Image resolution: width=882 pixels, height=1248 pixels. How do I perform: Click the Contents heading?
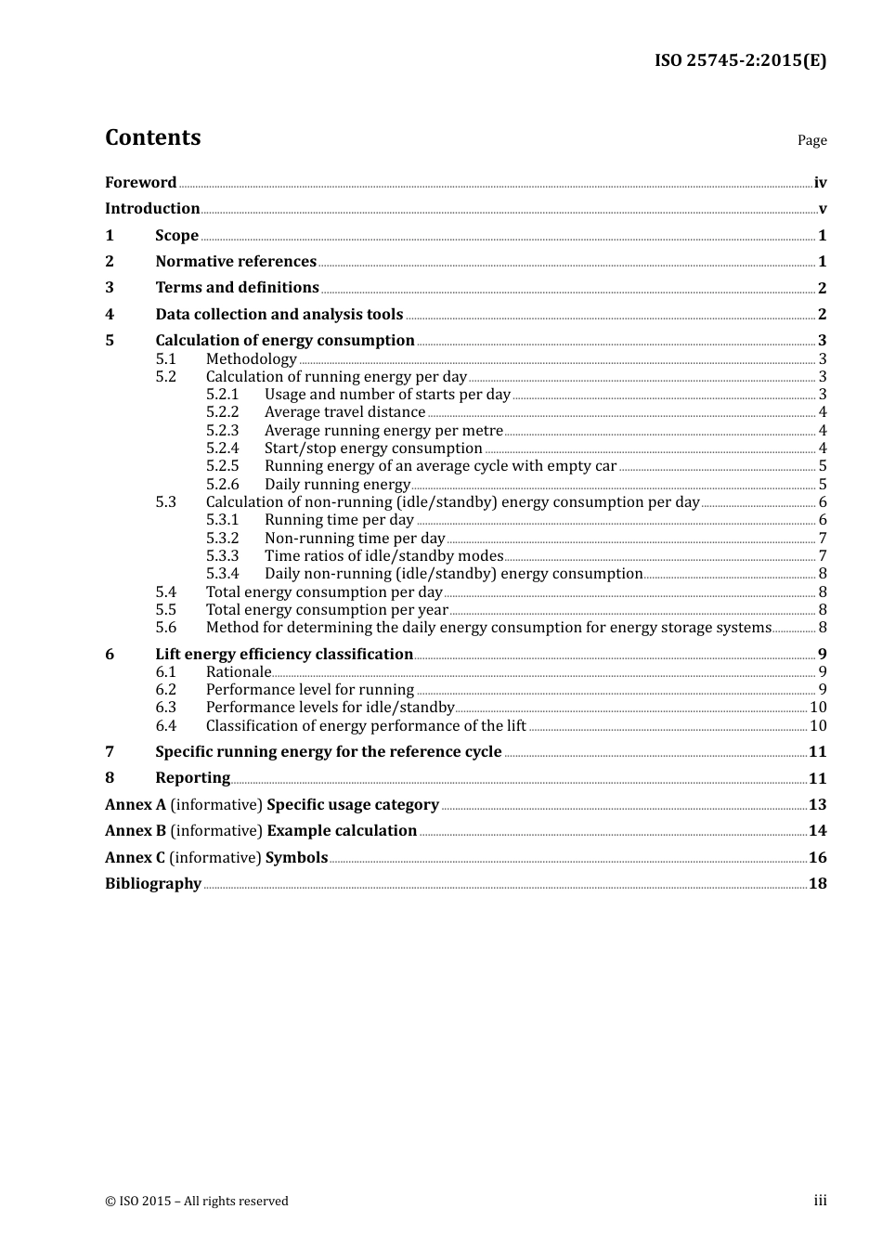pyautogui.click(x=152, y=137)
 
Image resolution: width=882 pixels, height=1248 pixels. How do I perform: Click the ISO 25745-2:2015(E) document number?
pyautogui.click(x=740, y=61)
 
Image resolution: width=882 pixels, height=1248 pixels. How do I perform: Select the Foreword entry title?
pyautogui.click(x=140, y=183)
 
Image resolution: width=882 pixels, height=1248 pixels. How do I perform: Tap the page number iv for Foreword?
pyautogui.click(x=820, y=183)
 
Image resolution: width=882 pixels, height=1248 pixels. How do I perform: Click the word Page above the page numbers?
pyautogui.click(x=811, y=140)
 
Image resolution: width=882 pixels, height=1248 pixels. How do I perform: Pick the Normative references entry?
pyautogui.click(x=236, y=262)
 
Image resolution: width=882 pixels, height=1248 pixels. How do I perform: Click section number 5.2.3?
pyautogui.click(x=222, y=431)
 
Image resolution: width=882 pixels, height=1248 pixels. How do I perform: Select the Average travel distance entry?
pyautogui.click(x=344, y=412)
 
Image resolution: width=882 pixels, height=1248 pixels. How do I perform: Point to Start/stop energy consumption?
pyautogui.click(x=373, y=448)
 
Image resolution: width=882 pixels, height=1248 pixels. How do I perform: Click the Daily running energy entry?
pyautogui.click(x=337, y=485)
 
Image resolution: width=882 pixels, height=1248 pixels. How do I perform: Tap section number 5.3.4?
pyautogui.click(x=222, y=574)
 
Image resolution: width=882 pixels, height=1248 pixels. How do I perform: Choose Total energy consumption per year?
pyautogui.click(x=327, y=610)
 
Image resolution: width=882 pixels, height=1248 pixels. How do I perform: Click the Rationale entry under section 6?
pyautogui.click(x=239, y=672)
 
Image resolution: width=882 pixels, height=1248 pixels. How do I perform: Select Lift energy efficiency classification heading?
pyautogui.click(x=284, y=655)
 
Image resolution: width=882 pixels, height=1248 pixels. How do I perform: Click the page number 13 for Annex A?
pyautogui.click(x=817, y=805)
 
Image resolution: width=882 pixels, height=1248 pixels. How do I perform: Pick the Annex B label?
pyautogui.click(x=136, y=831)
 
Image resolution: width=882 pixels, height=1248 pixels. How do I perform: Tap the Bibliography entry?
pyautogui.click(x=153, y=884)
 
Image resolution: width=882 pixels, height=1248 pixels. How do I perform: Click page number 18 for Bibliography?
pyautogui.click(x=817, y=884)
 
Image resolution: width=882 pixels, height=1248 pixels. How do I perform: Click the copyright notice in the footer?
pyautogui.click(x=197, y=1202)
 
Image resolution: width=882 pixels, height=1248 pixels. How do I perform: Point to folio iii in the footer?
pyautogui.click(x=820, y=1202)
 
